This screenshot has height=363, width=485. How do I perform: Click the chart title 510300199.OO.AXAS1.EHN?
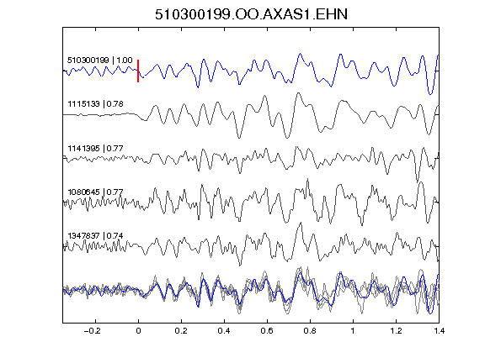[251, 14]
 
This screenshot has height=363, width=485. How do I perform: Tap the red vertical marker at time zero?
[138, 71]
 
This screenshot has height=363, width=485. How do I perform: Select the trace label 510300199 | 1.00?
[100, 60]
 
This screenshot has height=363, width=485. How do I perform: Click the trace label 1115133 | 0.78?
[96, 104]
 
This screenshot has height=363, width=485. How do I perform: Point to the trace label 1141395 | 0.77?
[96, 149]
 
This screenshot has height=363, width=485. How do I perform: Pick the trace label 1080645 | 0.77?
[96, 192]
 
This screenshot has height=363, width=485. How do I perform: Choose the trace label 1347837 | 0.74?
[96, 236]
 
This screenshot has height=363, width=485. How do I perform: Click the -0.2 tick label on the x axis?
[92, 331]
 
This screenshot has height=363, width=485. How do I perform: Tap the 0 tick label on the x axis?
[138, 331]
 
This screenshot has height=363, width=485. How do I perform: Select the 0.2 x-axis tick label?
[181, 331]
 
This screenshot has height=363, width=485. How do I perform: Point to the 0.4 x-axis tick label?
[224, 331]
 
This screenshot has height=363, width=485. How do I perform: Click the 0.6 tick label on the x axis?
[267, 331]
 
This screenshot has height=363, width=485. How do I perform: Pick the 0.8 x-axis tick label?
[310, 331]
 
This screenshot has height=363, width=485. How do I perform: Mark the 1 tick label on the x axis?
[353, 331]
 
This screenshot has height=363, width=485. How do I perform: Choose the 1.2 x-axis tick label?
[396, 331]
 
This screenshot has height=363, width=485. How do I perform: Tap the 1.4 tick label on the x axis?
[439, 331]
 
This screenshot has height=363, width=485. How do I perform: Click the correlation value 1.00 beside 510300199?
[125, 60]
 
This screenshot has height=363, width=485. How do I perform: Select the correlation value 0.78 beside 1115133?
[115, 104]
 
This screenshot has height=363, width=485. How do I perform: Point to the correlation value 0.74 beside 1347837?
[115, 236]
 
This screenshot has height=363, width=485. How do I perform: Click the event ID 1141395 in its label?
[84, 149]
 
